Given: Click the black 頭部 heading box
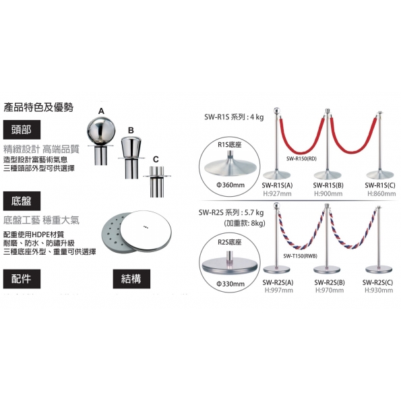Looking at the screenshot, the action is (22, 129).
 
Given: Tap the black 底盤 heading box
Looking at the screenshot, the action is (22, 201).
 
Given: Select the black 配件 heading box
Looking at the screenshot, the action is (22, 279).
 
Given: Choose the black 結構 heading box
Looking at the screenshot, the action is (131, 279).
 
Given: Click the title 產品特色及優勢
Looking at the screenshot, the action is (38, 107).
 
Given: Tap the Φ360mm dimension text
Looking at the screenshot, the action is (230, 185).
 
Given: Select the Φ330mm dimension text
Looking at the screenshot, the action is (230, 284).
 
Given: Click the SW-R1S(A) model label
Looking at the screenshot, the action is (277, 185).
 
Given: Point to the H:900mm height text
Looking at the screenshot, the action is (328, 193).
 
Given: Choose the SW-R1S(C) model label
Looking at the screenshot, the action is (380, 185).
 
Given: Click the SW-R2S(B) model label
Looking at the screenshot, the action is (330, 282).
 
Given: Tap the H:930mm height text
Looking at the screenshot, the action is (379, 290).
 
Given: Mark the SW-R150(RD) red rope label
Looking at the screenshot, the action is (301, 158).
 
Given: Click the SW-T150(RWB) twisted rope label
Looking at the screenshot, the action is (300, 256).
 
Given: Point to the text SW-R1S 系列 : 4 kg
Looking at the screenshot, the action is (234, 117).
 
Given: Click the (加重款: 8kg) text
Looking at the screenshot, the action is (245, 223).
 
